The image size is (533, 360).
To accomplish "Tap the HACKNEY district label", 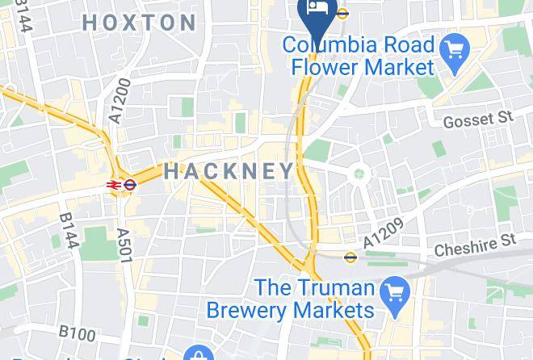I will pos(230,171).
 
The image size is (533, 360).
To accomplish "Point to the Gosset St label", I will pos(478,119).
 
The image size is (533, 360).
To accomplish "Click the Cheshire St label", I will pos(475,246).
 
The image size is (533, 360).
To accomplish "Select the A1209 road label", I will pos(382,234).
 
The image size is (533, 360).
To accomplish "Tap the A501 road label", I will pos(124,245).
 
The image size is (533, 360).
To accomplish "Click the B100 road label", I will pos(77,332).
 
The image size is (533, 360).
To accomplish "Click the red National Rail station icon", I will pos(114,185).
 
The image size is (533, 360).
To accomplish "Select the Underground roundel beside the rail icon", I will pos(131,185).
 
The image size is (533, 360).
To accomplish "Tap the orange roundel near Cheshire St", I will pos(350,257).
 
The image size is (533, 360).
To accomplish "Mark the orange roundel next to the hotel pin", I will pos(342,12).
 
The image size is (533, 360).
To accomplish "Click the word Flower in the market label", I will pos(333,66).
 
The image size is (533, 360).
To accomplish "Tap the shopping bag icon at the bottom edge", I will pos(197,354).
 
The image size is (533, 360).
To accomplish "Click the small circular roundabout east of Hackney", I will pos(359,172).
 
